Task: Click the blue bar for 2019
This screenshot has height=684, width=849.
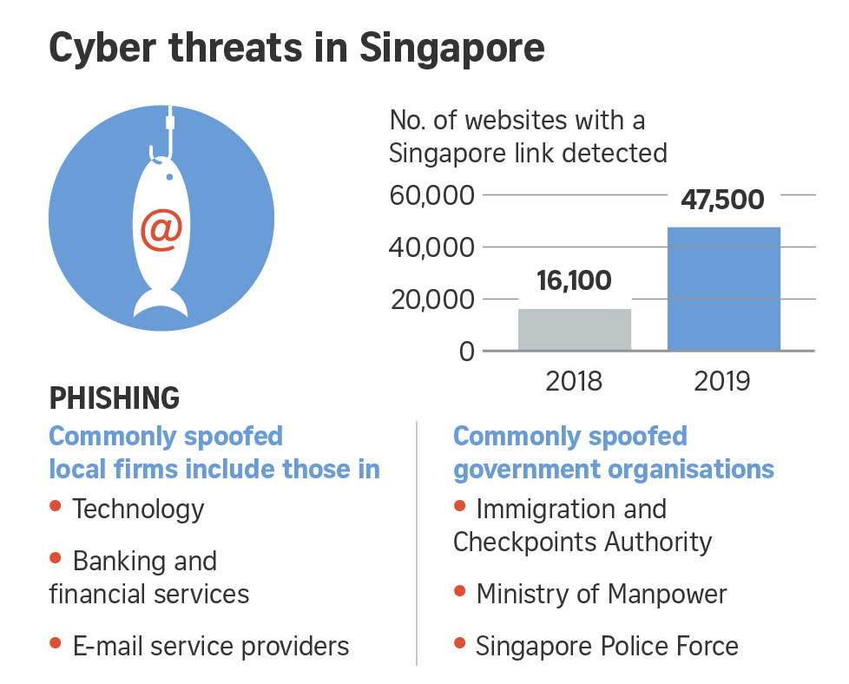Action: click(723, 288)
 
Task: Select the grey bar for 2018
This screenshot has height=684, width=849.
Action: click(575, 329)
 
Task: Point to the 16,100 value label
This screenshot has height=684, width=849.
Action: click(574, 280)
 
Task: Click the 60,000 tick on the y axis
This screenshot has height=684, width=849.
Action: click(431, 195)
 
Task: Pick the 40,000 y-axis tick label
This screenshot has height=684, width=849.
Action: click(431, 247)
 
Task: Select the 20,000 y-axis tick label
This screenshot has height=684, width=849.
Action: click(431, 299)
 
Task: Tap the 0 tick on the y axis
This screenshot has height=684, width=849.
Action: click(466, 351)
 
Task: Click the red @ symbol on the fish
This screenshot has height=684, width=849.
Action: click(161, 230)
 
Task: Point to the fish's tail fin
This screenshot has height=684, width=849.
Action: click(161, 304)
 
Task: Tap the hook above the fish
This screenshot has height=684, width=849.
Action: click(165, 139)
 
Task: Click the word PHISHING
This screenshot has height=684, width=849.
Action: click(115, 398)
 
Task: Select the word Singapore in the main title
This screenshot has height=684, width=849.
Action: click(451, 49)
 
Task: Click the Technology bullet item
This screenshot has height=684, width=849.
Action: click(138, 509)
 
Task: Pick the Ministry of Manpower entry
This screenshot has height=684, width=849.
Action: click(601, 594)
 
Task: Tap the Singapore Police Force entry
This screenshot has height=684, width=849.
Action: click(607, 646)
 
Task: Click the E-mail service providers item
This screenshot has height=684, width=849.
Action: click(210, 646)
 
